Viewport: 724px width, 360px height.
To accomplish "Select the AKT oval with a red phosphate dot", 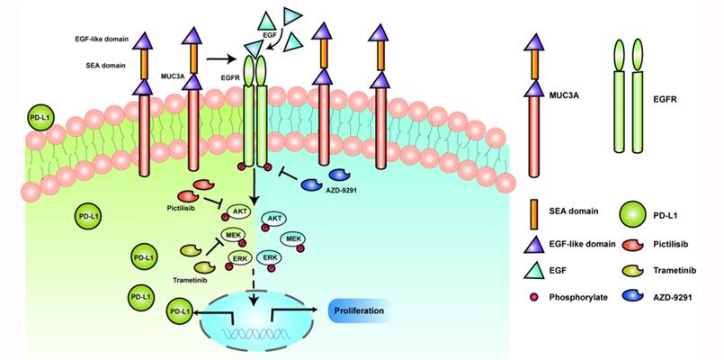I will click(275, 219).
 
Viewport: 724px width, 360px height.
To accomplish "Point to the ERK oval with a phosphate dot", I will click(269, 257).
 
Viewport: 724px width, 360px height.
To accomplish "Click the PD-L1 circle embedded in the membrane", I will click(42, 118).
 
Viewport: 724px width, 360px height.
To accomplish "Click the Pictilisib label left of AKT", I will click(183, 211).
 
